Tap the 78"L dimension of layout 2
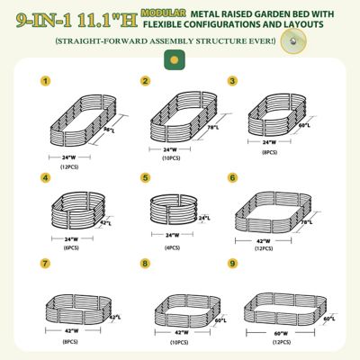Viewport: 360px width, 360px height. point(214,127)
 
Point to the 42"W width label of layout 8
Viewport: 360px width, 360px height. point(181,332)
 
